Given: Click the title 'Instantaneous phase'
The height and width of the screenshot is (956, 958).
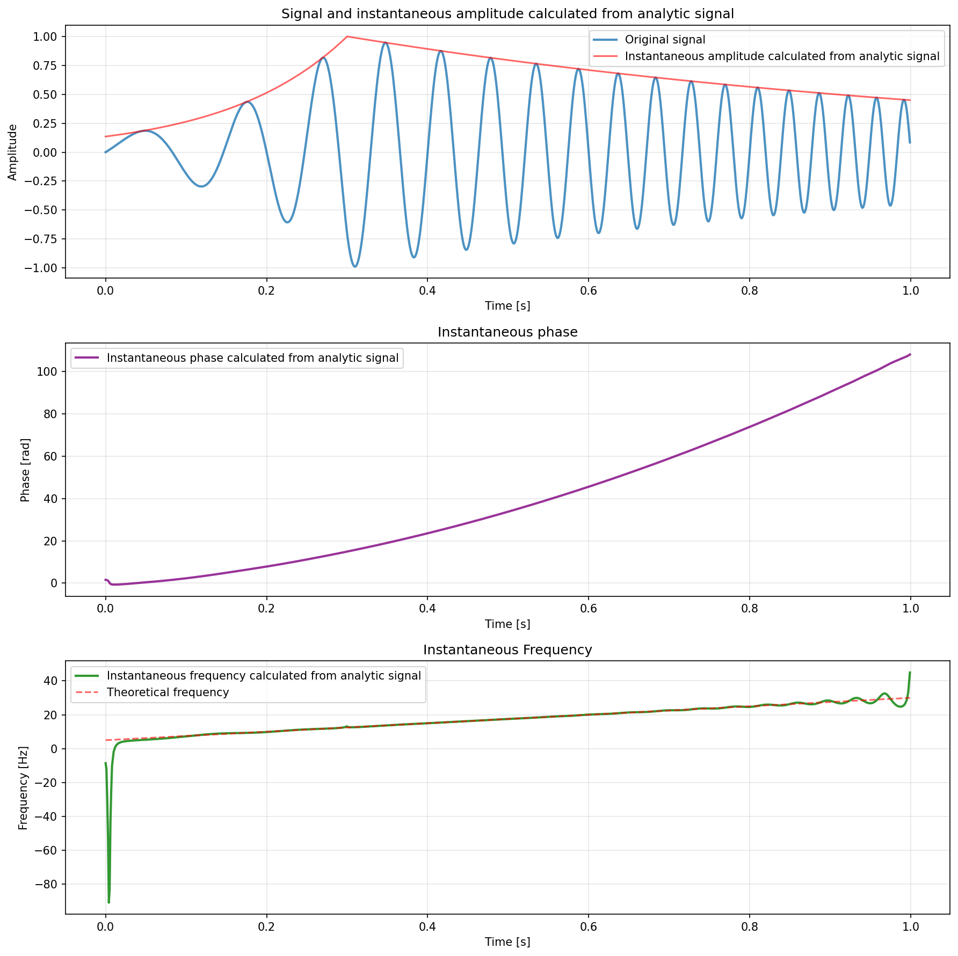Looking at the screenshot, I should pos(507,332).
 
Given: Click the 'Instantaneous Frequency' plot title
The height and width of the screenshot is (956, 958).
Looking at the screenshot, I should pos(507,650).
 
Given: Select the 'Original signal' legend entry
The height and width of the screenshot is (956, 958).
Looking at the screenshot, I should pos(665,40).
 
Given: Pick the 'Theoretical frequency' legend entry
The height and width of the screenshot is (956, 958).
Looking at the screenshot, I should pos(168,692).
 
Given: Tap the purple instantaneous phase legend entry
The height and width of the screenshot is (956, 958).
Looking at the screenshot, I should pos(252,358).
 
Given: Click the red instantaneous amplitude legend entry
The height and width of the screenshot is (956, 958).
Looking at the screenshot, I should pos(782,56).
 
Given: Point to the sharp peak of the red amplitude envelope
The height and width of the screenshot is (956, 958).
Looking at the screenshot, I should pos(347,37).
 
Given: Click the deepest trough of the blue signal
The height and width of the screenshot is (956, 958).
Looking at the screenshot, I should pos(355,266).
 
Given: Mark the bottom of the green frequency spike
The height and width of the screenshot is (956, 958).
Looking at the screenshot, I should pos(109,902).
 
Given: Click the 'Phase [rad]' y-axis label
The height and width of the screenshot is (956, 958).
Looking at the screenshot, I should pos(25,470).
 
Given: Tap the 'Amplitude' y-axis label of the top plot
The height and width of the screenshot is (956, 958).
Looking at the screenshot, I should pos(12,152).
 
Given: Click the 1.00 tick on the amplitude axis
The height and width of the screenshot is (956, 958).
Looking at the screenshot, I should pos(47,37).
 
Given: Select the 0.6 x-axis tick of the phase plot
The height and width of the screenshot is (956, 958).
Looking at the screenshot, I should pos(588,609).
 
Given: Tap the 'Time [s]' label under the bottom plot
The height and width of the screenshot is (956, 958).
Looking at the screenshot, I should pos(507,942).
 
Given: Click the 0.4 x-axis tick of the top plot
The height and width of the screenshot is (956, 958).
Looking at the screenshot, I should pos(427,290).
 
